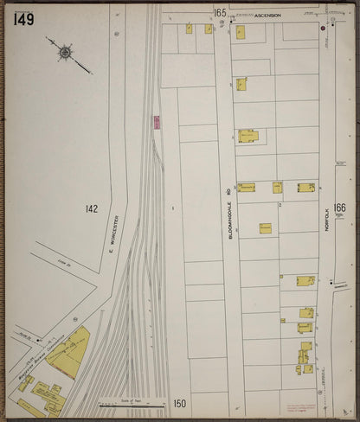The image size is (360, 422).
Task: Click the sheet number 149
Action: click(25, 18)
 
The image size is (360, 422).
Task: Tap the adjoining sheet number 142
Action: click(92, 208)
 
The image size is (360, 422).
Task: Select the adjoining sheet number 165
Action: click(221, 13)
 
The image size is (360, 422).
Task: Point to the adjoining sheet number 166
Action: click(339, 208)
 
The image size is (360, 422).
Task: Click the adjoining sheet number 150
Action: click(178, 403)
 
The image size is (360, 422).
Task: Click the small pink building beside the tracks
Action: click(157, 123)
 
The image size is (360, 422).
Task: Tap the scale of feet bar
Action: click(132, 400)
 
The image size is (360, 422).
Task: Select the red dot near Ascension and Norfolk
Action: click(323, 27)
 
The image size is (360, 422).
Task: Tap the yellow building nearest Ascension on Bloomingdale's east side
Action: click(240, 33)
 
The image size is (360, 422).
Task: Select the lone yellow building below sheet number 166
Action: click(265, 228)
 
